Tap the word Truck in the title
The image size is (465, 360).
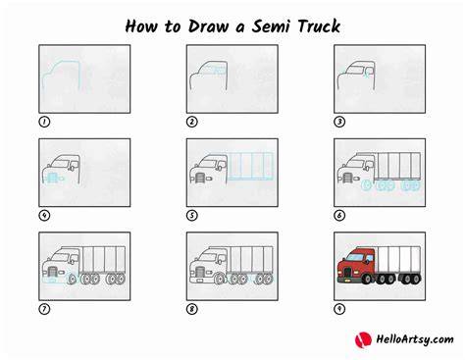tap(319, 26)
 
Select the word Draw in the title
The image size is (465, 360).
tap(208, 26)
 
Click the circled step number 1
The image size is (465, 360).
tap(44, 122)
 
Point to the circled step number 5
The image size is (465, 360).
tap(192, 216)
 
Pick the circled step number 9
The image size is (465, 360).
tap(339, 309)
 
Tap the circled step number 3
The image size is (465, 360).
tap(339, 122)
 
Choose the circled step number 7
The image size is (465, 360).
tap(44, 309)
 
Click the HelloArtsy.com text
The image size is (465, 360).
tap(415, 339)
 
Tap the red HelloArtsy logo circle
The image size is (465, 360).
tap(363, 339)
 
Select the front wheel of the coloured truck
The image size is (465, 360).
tap(367, 279)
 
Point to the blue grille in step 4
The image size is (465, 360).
tap(52, 178)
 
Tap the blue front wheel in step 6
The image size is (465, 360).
tap(367, 185)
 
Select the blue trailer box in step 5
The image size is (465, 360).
tap(250, 166)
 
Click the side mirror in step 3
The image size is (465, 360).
tap(369, 72)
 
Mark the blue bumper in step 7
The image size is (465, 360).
tap(52, 280)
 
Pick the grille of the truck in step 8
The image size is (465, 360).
tap(199, 272)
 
